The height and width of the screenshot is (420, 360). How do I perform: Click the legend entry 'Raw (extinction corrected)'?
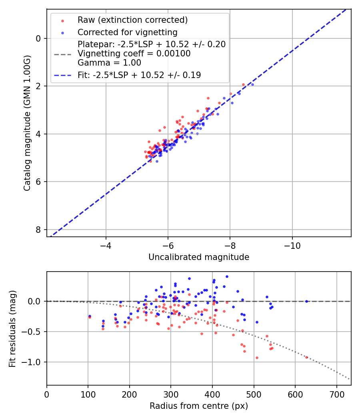(132, 20)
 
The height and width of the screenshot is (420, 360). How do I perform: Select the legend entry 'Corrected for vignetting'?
(127, 32)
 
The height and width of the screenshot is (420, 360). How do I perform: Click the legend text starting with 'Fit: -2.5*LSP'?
(139, 75)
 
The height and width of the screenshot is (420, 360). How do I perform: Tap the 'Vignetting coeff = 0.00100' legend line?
(134, 53)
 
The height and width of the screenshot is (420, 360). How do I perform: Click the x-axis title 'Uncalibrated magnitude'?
(199, 257)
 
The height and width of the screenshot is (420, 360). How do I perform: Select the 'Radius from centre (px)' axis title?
(199, 406)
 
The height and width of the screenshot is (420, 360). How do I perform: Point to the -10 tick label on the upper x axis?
(292, 244)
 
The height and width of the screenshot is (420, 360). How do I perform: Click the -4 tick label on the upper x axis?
(106, 244)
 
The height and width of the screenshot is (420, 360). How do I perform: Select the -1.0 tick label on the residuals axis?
(34, 362)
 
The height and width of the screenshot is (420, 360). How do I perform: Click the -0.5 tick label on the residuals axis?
(34, 332)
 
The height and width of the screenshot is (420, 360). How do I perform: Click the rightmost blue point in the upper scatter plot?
(252, 84)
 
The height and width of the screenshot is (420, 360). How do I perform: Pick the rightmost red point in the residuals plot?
(306, 357)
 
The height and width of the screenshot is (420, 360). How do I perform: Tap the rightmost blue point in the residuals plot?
(306, 301)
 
